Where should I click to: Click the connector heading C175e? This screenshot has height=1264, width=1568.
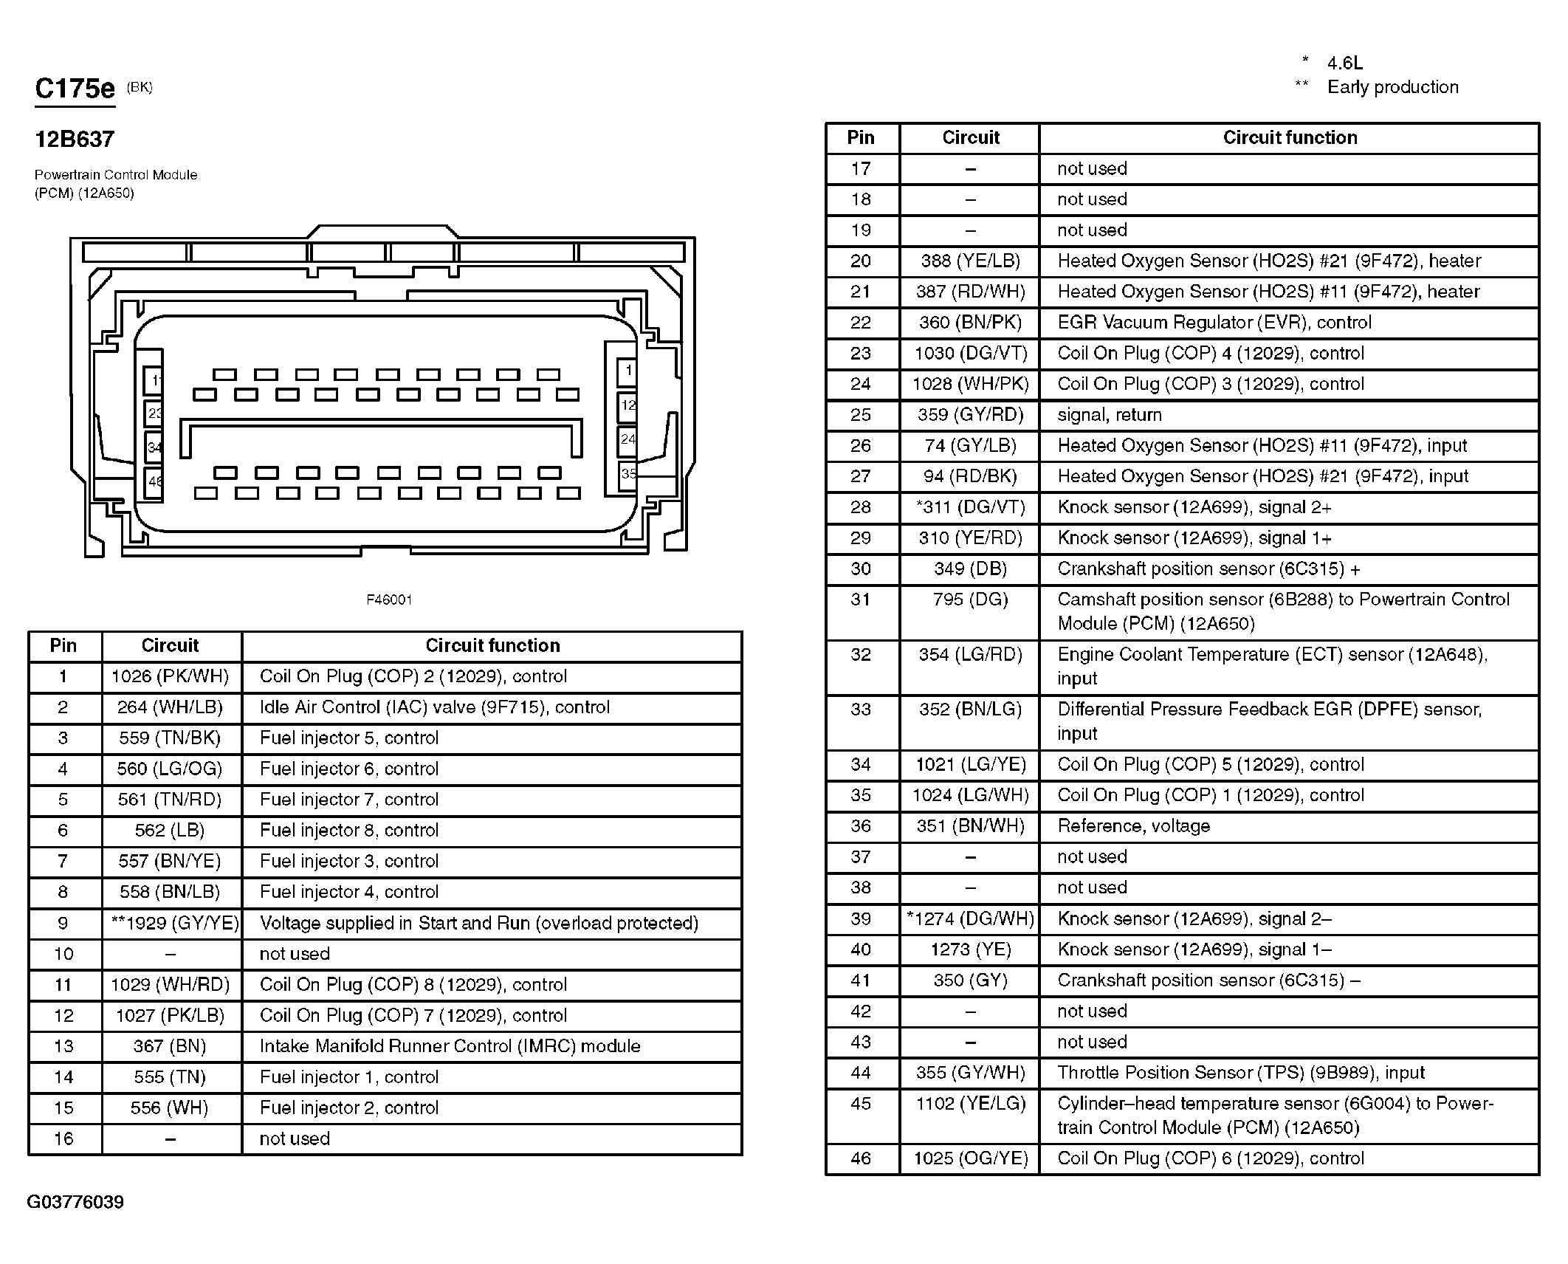(75, 89)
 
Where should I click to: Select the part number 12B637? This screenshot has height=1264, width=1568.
(75, 140)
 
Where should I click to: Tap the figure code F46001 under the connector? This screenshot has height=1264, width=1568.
(389, 600)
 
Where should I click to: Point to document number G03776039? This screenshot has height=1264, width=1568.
(75, 1202)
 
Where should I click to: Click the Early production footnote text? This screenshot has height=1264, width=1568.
(1392, 87)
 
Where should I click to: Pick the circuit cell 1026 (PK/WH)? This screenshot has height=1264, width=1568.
(171, 676)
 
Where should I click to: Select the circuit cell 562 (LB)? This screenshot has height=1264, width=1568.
(171, 831)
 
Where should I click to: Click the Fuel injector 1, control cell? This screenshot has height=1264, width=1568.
(349, 1077)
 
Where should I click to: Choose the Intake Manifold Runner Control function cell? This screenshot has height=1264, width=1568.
(450, 1046)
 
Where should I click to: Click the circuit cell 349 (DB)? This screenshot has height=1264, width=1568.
(970, 569)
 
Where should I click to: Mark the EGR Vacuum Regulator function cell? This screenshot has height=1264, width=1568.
(1214, 323)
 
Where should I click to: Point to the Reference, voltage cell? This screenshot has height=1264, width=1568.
(1134, 826)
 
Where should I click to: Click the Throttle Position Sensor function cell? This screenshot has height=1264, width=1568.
(1241, 1073)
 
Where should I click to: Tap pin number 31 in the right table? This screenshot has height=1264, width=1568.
(861, 600)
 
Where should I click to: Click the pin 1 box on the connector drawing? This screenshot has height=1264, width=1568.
(627, 370)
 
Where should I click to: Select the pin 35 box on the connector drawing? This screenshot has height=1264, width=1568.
(627, 473)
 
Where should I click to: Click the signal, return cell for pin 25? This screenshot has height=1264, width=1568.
(1110, 415)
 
